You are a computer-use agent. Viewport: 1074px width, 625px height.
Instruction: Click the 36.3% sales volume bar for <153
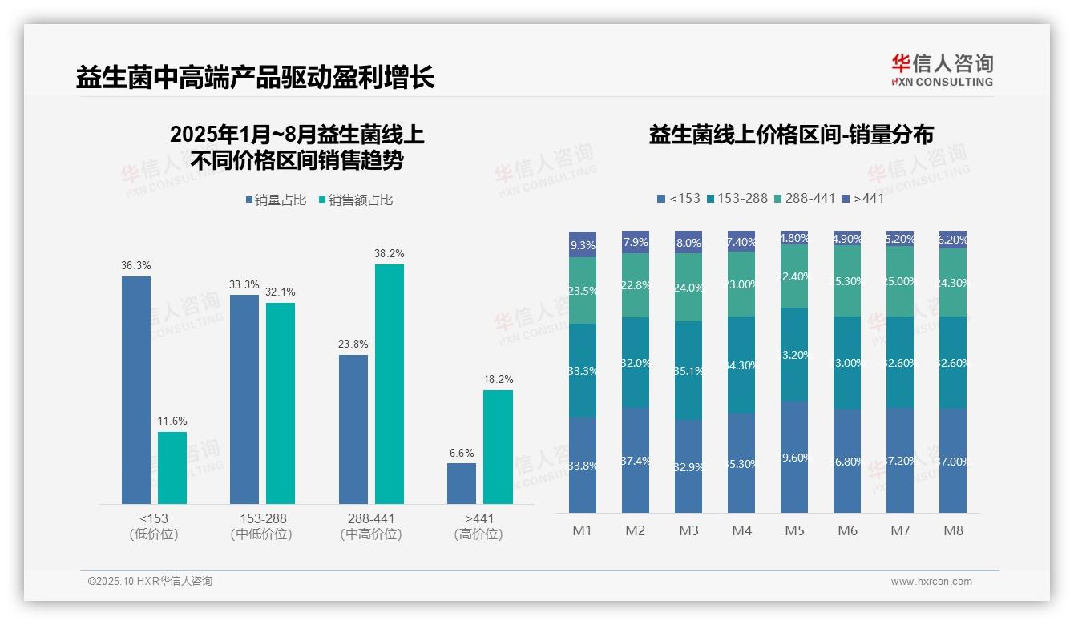pos(136,390)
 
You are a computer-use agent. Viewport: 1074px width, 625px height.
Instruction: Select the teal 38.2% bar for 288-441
pos(390,384)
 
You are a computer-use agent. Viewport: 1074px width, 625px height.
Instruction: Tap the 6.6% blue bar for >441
pos(462,483)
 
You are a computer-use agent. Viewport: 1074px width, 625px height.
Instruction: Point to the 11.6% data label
pos(172,421)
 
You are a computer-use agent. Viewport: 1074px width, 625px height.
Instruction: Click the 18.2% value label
pos(498,379)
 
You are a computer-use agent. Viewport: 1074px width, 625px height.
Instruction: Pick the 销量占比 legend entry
pos(276,200)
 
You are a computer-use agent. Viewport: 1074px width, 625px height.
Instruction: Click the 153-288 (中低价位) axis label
pos(261,526)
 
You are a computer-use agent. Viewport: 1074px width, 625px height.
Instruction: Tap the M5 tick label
pos(794,530)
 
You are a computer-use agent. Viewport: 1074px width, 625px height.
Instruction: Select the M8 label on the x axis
pos(953,530)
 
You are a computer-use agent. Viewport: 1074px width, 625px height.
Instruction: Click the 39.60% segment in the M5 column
pos(794,457)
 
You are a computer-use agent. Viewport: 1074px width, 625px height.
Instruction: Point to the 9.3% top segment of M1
pos(583,244)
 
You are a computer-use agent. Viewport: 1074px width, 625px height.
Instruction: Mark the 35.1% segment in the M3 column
pos(688,371)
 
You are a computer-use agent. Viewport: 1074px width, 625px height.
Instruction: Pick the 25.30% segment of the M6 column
pos(847,281)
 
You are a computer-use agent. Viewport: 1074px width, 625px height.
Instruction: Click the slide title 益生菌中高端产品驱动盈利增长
pos(256,77)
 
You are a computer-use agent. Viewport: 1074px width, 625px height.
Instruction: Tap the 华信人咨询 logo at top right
pos(942,70)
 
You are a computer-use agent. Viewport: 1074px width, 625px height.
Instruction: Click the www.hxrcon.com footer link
pos(931,582)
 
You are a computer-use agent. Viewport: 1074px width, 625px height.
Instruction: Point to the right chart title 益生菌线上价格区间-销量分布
pos(790,135)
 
